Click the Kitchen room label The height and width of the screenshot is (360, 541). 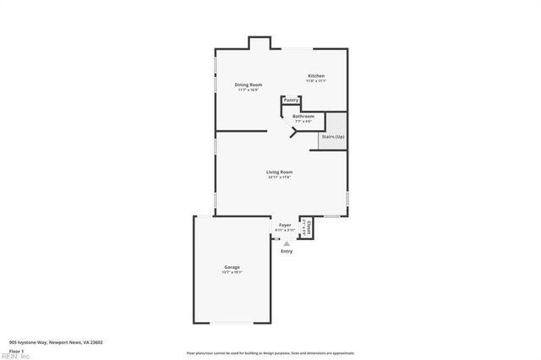[316, 76]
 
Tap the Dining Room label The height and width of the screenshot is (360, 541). [249, 85]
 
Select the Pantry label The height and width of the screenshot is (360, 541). [291, 100]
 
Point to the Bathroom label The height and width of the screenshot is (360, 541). [303, 116]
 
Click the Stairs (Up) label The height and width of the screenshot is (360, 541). [333, 137]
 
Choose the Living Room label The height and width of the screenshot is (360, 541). [280, 172]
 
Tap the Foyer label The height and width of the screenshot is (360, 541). [285, 225]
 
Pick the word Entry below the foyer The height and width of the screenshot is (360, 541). [287, 251]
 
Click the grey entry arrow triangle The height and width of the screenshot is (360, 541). [287, 243]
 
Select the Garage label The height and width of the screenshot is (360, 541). [232, 268]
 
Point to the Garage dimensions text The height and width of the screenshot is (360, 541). [232, 273]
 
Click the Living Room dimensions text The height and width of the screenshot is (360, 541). [280, 177]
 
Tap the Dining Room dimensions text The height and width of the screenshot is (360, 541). [249, 90]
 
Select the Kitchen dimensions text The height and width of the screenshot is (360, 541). [316, 81]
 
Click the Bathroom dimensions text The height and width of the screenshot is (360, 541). [303, 121]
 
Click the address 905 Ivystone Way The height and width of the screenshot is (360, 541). [56, 342]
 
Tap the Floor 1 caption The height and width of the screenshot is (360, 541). [17, 350]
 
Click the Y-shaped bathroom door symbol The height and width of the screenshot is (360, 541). [294, 130]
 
